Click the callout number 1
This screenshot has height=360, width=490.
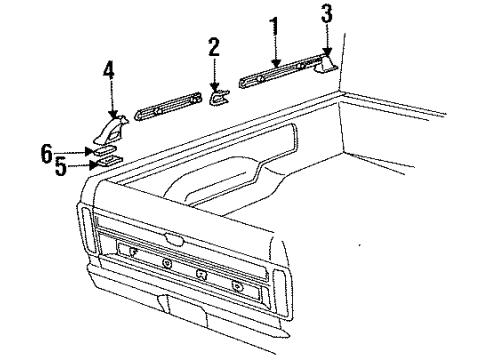[274, 26]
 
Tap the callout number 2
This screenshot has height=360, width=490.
[214, 47]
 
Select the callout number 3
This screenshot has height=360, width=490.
[327, 14]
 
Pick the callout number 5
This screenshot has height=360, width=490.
[61, 167]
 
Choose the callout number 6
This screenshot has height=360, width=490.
[47, 153]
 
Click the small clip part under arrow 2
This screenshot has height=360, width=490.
[219, 97]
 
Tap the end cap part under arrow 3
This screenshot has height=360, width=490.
[326, 64]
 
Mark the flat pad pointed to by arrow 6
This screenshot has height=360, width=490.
[105, 151]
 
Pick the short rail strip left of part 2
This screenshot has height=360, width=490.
[168, 106]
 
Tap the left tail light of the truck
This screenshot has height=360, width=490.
[87, 230]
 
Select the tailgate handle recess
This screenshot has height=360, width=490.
[174, 239]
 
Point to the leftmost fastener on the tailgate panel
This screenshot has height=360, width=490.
[133, 251]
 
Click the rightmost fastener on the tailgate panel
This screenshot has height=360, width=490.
[237, 286]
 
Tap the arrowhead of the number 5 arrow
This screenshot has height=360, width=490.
[93, 165]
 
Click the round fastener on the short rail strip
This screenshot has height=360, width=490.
[157, 111]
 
